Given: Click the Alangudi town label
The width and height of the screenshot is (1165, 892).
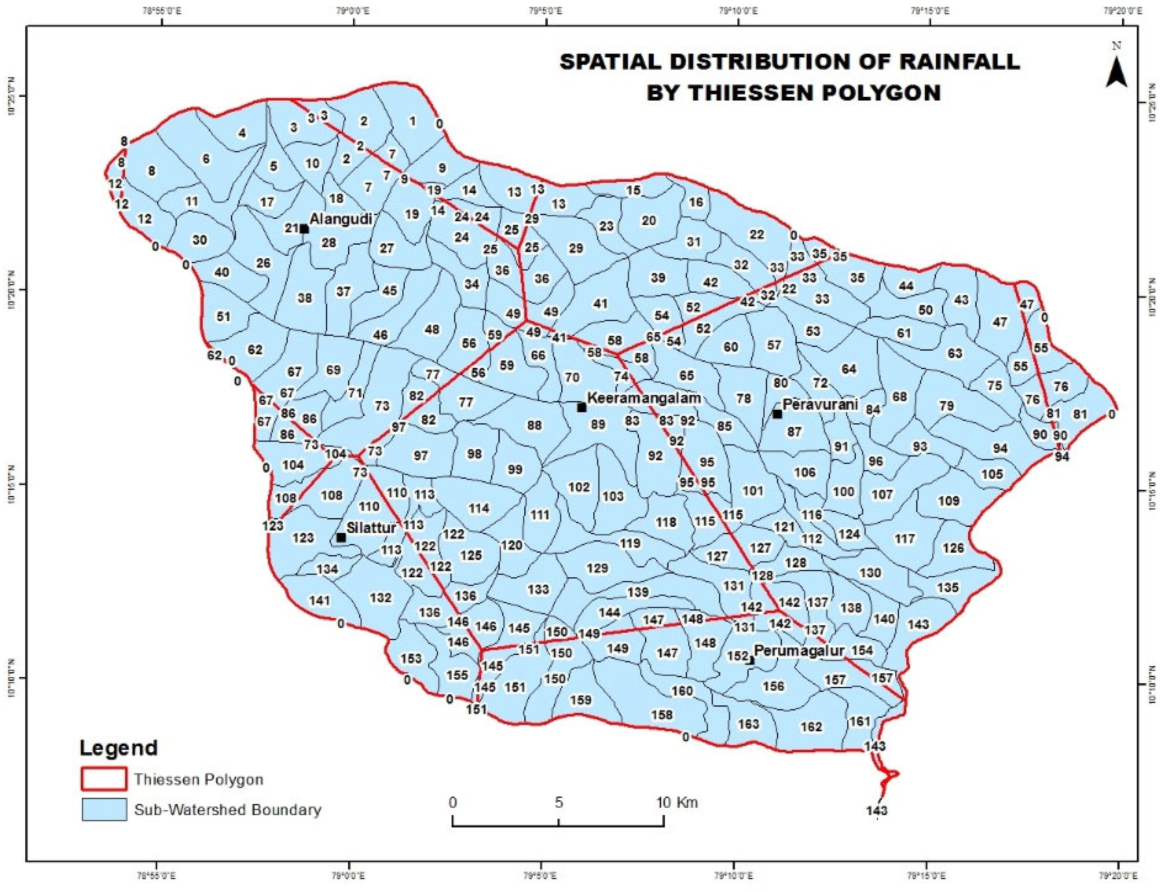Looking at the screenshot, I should pyautogui.click(x=341, y=219).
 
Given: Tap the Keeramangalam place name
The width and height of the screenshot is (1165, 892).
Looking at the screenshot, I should pyautogui.click(x=644, y=398).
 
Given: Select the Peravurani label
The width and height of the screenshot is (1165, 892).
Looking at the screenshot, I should pyautogui.click(x=820, y=404).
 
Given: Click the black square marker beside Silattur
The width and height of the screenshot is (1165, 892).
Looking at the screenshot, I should pyautogui.click(x=341, y=538).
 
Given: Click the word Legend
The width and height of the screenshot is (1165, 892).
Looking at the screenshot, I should pyautogui.click(x=119, y=747).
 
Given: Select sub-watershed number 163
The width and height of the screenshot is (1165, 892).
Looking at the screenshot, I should pyautogui.click(x=749, y=724).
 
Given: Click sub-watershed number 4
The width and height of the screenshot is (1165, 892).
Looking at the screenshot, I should pyautogui.click(x=242, y=133).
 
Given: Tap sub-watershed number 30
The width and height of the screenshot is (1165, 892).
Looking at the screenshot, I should pyautogui.click(x=199, y=240).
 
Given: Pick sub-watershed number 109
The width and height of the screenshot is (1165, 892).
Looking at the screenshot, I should pyautogui.click(x=949, y=500).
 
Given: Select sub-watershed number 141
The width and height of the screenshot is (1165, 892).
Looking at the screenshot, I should pyautogui.click(x=320, y=600).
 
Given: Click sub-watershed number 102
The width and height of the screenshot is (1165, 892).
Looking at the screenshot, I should pyautogui.click(x=579, y=487).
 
